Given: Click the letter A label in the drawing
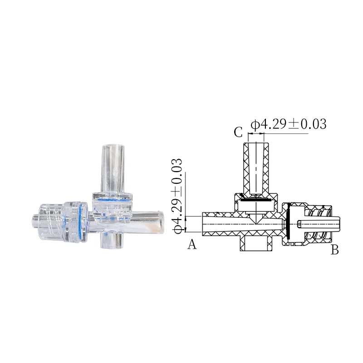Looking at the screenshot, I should coord(192,245).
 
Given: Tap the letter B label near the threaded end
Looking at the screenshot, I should coord(335,249).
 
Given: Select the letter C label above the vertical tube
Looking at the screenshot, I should coord(238,132).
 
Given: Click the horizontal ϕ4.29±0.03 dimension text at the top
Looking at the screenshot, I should coord(289,124).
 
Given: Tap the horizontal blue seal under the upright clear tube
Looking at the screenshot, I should coord(112,198).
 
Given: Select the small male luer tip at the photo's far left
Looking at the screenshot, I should coord(35,220).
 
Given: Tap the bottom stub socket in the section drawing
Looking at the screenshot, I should coord(256,244).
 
